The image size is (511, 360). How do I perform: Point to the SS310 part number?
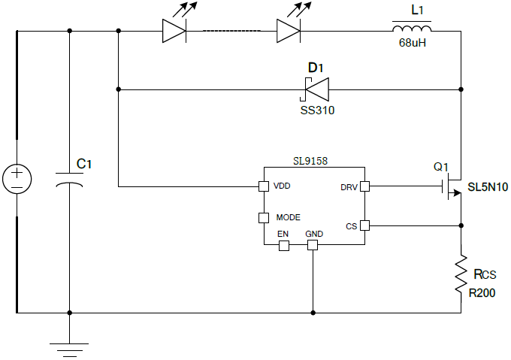click(x=316, y=110)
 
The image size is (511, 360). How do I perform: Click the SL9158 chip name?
click(x=310, y=160)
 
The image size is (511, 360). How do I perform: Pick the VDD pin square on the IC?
click(x=264, y=186)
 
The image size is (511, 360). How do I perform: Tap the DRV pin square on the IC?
click(x=364, y=186)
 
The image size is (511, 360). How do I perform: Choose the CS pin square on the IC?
click(x=364, y=225)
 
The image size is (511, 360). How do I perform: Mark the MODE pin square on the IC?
click(x=264, y=218)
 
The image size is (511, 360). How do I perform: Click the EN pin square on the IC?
click(x=283, y=246)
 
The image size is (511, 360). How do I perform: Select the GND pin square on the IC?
click(x=313, y=246)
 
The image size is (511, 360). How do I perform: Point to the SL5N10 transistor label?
click(x=488, y=186)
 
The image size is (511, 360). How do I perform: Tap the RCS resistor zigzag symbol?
click(x=460, y=274)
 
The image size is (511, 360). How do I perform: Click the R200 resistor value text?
click(x=482, y=293)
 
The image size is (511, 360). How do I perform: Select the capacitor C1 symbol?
click(x=70, y=180)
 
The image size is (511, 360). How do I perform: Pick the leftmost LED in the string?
click(x=174, y=30)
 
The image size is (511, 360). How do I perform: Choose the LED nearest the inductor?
click(x=289, y=30)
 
